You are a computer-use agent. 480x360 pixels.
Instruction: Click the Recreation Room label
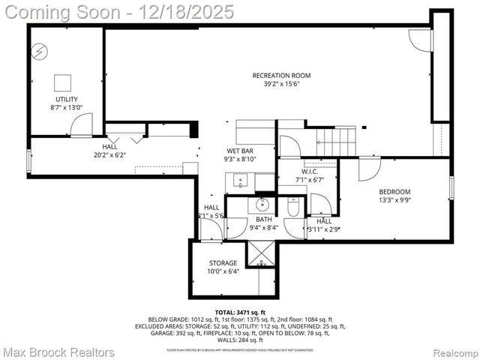(281, 76)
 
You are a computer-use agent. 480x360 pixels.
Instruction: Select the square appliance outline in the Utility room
(62, 82)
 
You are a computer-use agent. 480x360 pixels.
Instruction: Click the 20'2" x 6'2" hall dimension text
(109, 155)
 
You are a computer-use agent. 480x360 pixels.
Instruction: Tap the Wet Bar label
(239, 151)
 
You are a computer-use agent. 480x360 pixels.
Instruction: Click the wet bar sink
(240, 181)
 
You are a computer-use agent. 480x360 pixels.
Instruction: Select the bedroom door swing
(368, 169)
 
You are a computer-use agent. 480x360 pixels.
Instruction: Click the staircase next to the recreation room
(334, 140)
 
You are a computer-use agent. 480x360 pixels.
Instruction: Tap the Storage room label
(223, 263)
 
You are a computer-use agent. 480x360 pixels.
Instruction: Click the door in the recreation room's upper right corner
(421, 40)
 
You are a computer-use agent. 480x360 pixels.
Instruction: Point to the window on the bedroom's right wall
(451, 188)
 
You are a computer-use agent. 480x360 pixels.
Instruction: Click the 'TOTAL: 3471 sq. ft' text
(240, 312)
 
